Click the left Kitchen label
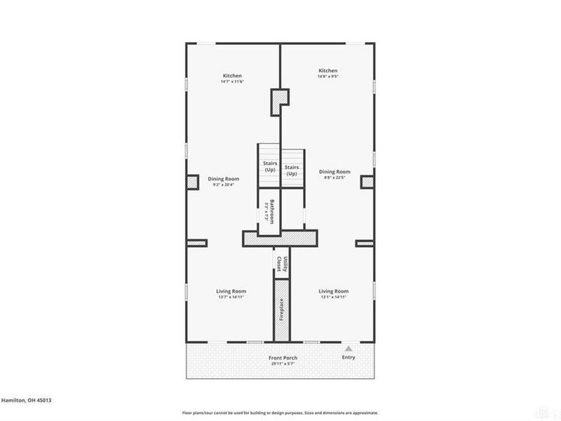[x=233, y=75]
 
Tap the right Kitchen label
[x=328, y=71]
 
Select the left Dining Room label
[x=223, y=178]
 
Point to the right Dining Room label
[x=334, y=171]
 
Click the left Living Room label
[x=230, y=290]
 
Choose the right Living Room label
[x=334, y=290]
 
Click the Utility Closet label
[x=281, y=264]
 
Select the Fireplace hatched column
[x=280, y=309]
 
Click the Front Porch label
[x=284, y=358]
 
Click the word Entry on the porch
[x=349, y=358]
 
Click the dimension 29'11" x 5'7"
[x=284, y=364]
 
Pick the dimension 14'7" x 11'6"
[x=233, y=82]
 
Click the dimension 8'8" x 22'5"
[x=334, y=178]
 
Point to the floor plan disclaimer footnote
[x=280, y=413]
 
